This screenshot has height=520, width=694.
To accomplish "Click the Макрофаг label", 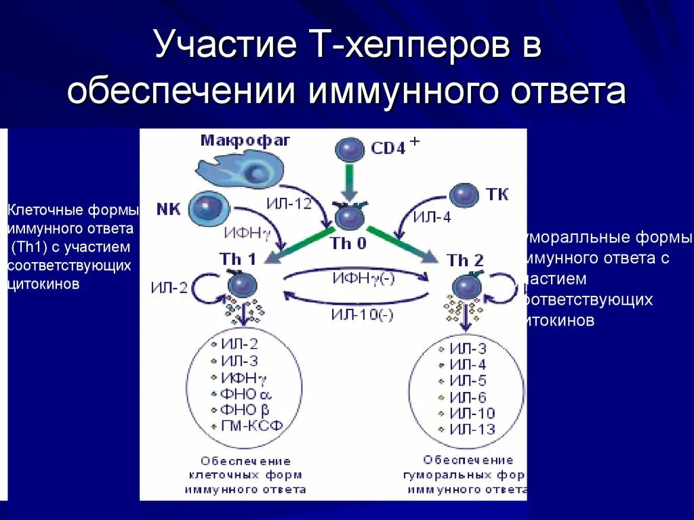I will coord(245,140).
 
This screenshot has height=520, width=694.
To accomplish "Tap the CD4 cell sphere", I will coord(351,148).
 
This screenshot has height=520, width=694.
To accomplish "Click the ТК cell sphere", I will coord(464,196).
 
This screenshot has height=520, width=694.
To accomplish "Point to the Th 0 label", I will coord(348,243).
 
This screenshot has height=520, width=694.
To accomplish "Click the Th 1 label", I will coord(238,259).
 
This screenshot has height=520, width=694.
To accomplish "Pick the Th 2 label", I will coord(465,259).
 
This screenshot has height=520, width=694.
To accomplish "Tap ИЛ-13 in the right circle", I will coord(472,429).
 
